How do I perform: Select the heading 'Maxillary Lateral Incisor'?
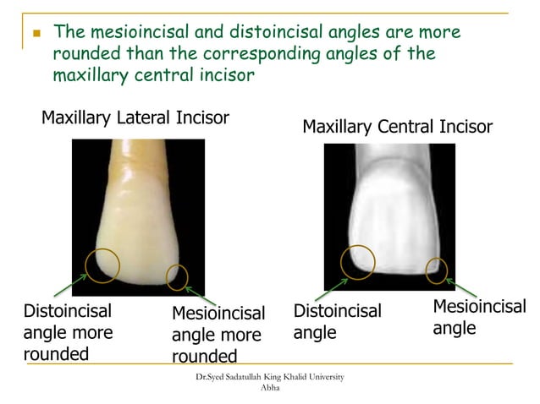135,117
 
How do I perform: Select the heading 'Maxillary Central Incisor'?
397,127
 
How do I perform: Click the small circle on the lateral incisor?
177,276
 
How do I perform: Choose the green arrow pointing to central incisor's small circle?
458,284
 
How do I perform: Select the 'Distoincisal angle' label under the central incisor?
337,322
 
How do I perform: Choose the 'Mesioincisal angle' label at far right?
478,317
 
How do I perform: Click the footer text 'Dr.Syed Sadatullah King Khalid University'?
269,376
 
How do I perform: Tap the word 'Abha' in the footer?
269,387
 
